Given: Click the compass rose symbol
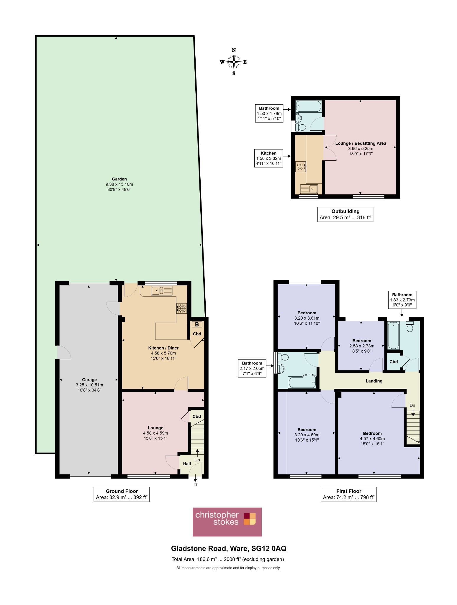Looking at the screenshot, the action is [x=234, y=62].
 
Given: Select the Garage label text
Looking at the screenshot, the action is [x=89, y=380].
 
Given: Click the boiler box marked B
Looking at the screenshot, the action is [x=197, y=324].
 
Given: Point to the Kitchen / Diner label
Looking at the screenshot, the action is [x=163, y=348].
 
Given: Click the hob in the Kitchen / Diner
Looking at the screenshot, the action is [x=181, y=308].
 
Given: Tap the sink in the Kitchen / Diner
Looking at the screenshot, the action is [x=162, y=291].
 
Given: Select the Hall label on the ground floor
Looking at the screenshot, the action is [x=187, y=464].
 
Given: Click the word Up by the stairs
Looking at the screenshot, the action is [x=197, y=460].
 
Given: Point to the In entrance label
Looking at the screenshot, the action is [x=195, y=484].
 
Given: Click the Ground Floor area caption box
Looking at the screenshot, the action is [x=122, y=494].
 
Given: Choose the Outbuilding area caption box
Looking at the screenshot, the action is [x=345, y=214].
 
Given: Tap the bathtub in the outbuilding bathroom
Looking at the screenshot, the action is [x=308, y=106].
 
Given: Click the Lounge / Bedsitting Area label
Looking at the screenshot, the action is [x=361, y=143].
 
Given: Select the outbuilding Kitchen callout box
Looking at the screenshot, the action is [x=268, y=158].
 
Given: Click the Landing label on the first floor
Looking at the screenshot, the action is [x=374, y=381].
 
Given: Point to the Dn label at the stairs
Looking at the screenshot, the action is [x=412, y=405].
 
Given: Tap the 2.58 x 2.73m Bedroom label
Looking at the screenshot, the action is [x=362, y=346].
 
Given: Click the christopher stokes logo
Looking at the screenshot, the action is [x=227, y=522].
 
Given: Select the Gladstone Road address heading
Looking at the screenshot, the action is [x=229, y=549].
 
